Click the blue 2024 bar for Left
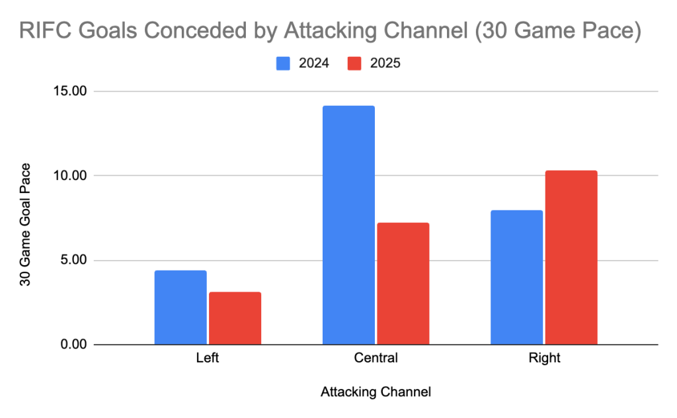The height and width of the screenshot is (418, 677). pyautogui.click(x=180, y=308)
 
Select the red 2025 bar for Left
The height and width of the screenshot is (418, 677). pyautogui.click(x=235, y=318)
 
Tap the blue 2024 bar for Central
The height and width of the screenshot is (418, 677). pyautogui.click(x=348, y=225)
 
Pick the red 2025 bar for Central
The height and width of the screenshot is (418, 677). pyautogui.click(x=403, y=284)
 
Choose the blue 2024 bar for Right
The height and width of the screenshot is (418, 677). pyautogui.click(x=516, y=277)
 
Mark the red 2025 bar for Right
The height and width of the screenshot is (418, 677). pyautogui.click(x=571, y=257)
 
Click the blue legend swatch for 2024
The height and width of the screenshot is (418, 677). pyautogui.click(x=283, y=63)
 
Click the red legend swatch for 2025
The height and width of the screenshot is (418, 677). pyautogui.click(x=355, y=63)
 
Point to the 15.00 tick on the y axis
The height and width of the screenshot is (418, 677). pyautogui.click(x=70, y=91)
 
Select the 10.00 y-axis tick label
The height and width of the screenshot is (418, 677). pyautogui.click(x=70, y=176)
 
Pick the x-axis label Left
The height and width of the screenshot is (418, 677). pyautogui.click(x=208, y=359)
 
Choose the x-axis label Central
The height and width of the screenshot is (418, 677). pyautogui.click(x=376, y=359)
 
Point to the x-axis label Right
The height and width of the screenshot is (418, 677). pyautogui.click(x=543, y=359)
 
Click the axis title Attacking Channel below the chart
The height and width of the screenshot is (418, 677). pyautogui.click(x=376, y=392)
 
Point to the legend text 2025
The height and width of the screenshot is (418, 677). pyautogui.click(x=385, y=63)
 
